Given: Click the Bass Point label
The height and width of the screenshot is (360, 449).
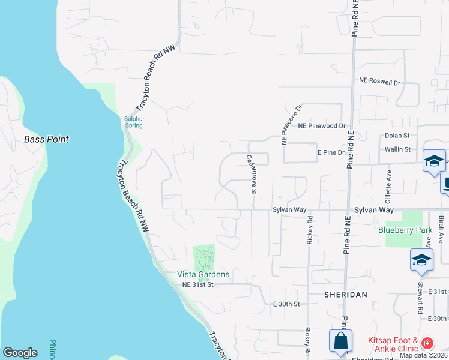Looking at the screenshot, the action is tap(46, 139).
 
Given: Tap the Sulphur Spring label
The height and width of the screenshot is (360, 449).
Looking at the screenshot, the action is tap(134, 122).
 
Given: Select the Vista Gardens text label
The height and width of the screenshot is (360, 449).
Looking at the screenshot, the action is tap(203, 274).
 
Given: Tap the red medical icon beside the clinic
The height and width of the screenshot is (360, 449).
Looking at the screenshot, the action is tap(427, 344).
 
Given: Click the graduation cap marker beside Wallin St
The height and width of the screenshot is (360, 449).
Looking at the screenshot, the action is tap(434, 160).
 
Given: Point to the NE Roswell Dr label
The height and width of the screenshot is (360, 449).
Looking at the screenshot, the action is tap(379, 81).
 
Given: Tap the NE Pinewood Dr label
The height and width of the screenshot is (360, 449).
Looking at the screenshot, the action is tap(322, 127).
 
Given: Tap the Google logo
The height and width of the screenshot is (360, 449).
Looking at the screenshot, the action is tap(20, 352).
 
